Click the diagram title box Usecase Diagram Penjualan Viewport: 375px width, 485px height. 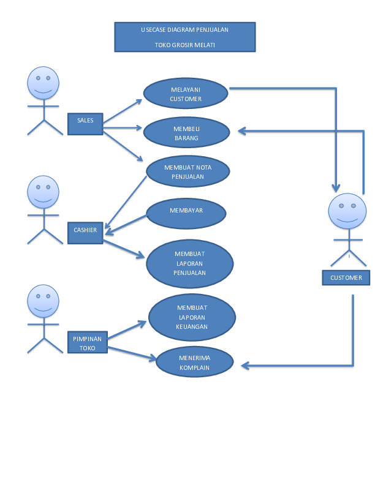pos(184,37)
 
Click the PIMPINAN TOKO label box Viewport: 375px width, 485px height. pos(87,343)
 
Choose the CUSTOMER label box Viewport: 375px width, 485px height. pos(346,277)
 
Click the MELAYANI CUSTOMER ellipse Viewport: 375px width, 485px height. pos(186,94)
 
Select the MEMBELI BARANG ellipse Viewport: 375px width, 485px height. pos(186,132)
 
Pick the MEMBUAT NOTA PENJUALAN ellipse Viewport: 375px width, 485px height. pos(187,171)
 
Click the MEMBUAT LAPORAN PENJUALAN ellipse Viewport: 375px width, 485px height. pos(189,263)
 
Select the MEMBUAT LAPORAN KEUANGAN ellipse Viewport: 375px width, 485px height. pos(192,317)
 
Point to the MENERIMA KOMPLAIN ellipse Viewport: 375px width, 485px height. pos(194,362)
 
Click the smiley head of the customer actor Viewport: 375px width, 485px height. pos(347,211)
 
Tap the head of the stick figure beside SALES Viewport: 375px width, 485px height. pos(44,83)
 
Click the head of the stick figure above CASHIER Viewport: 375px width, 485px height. pos(44,192)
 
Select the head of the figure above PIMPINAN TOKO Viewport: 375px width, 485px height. pos(44,301)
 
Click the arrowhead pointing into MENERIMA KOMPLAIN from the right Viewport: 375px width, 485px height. pos(245,366)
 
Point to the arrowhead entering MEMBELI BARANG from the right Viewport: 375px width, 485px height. pos(241,130)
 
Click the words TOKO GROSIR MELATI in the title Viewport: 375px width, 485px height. pos(184,45)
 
